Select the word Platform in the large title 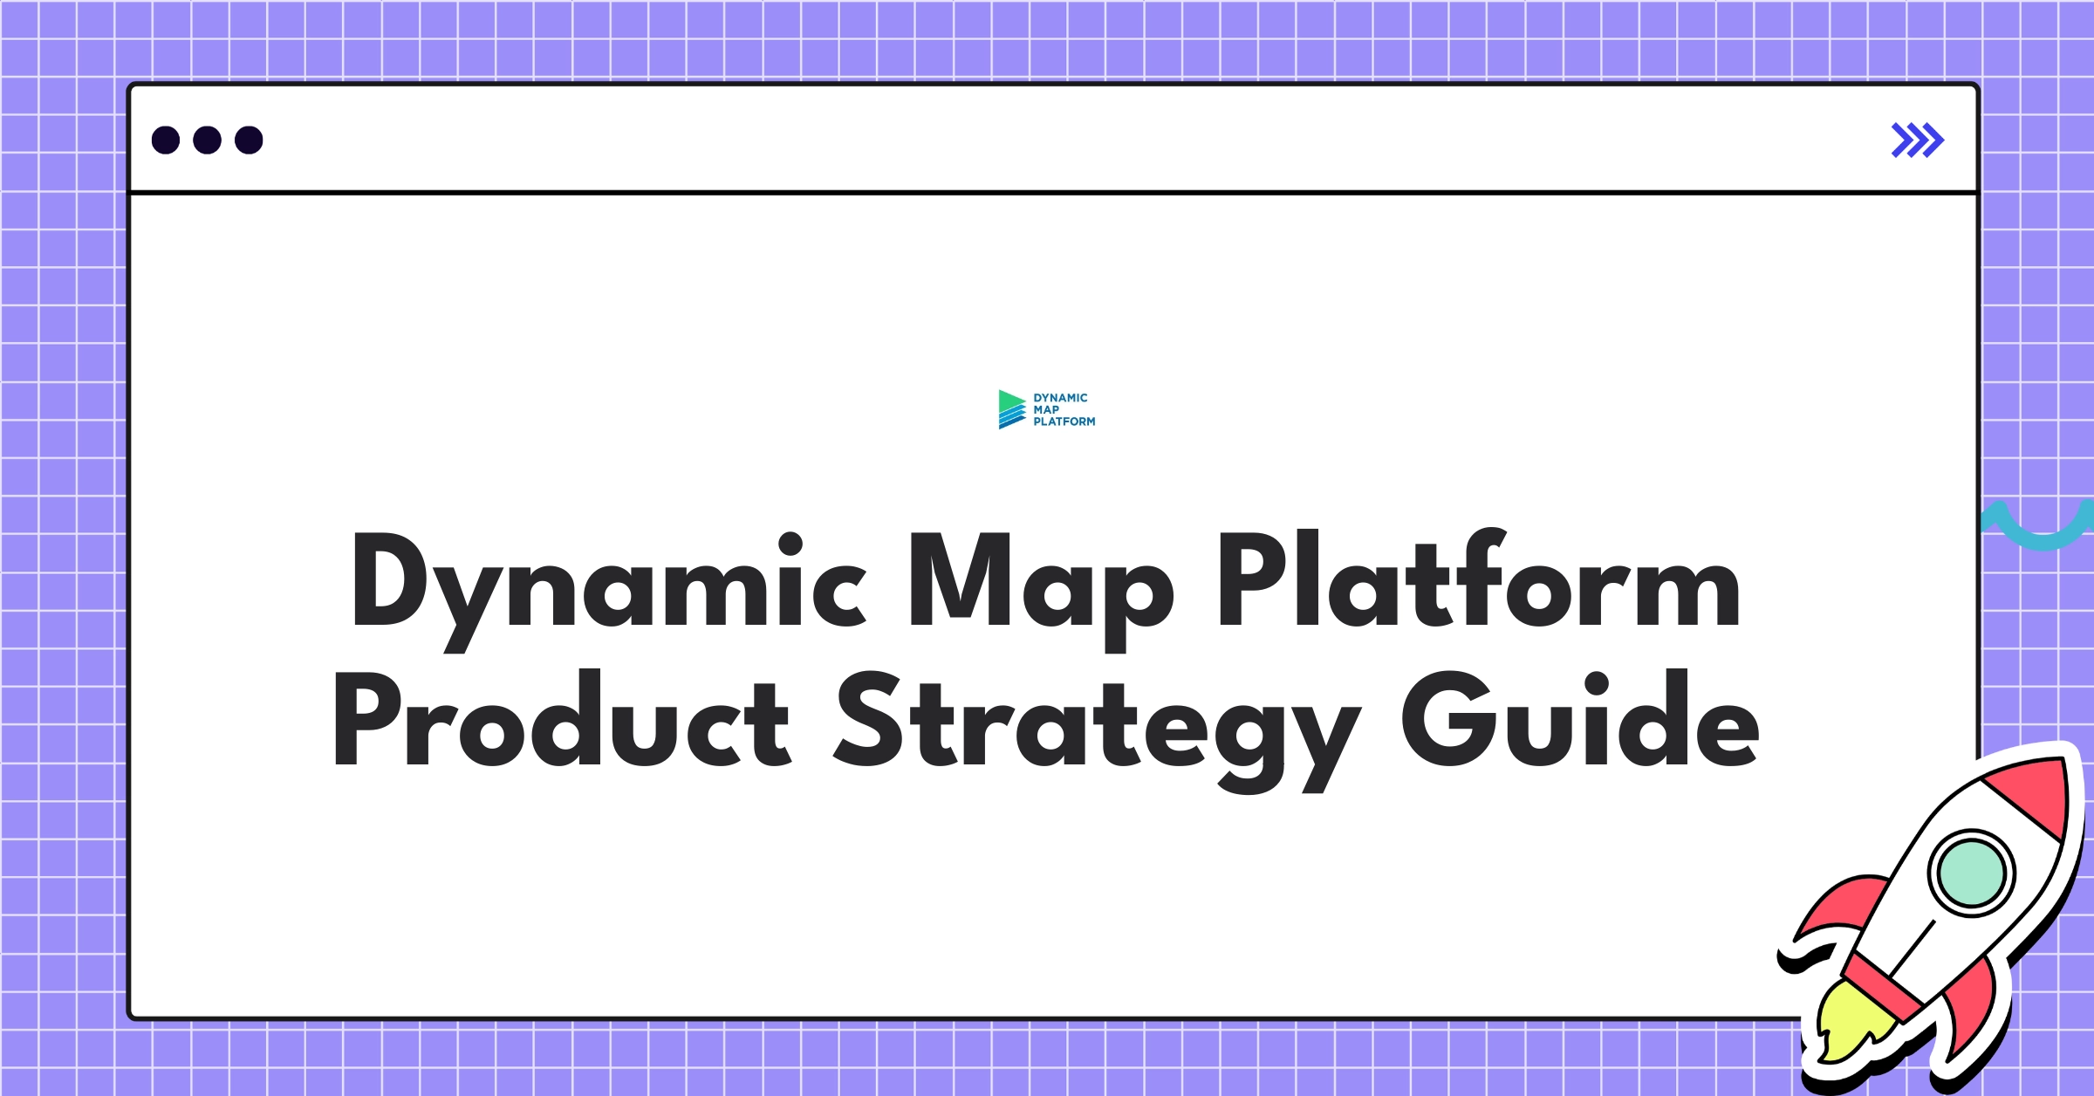point(1479,580)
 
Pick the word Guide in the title point(1580,721)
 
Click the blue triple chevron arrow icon point(1917,140)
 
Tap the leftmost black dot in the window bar point(166,140)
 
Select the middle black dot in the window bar point(207,140)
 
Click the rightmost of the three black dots point(249,140)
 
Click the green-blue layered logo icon point(1011,409)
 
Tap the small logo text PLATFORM point(1064,421)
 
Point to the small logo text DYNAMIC point(1060,398)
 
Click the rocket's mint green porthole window point(1971,873)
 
